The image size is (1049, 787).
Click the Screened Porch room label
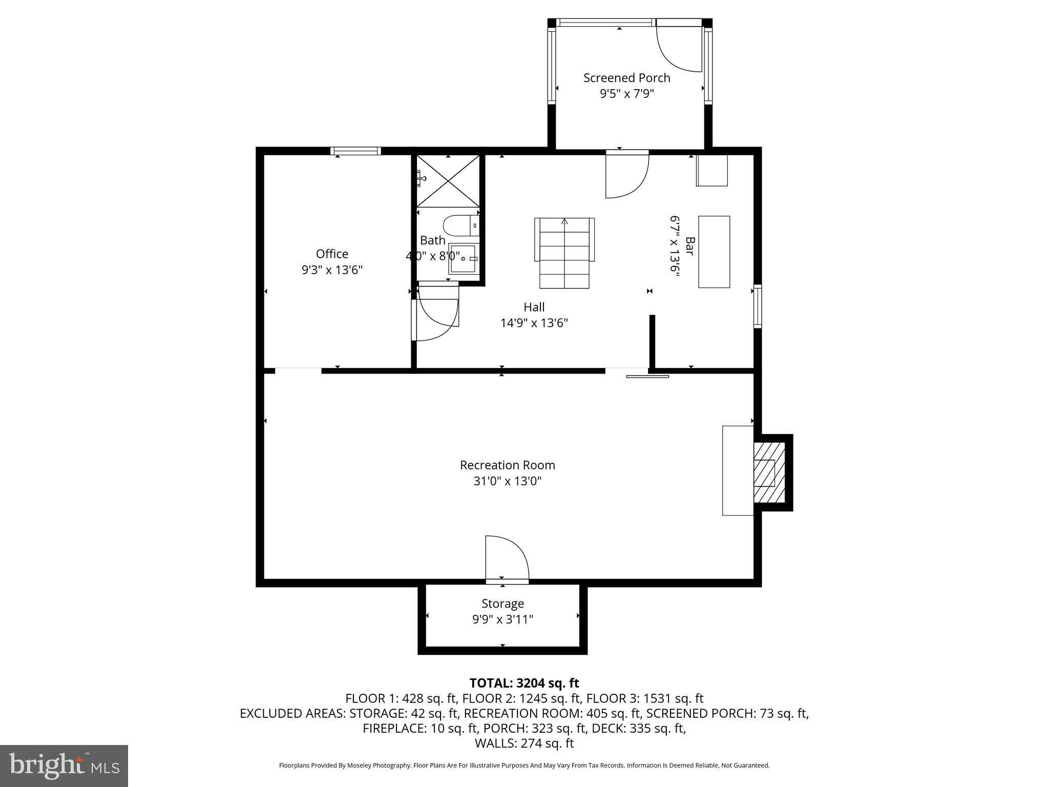coord(626,78)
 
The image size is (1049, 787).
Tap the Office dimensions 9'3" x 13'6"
coord(332,270)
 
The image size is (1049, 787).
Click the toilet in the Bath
coord(460,225)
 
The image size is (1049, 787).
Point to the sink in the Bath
coord(463,259)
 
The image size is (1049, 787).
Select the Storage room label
coord(502,604)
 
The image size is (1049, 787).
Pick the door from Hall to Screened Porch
coord(626,174)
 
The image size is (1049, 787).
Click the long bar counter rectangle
coord(714,252)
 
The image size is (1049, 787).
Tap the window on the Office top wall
coord(355,151)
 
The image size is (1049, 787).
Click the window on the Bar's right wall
coord(758,306)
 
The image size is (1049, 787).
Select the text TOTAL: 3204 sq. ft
coord(524,683)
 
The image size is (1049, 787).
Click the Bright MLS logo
coord(64,765)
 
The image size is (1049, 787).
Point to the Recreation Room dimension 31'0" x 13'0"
coord(507,481)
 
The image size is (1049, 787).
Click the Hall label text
coord(534,307)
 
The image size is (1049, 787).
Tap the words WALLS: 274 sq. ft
coord(524,743)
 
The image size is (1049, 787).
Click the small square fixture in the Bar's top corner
coord(711,170)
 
